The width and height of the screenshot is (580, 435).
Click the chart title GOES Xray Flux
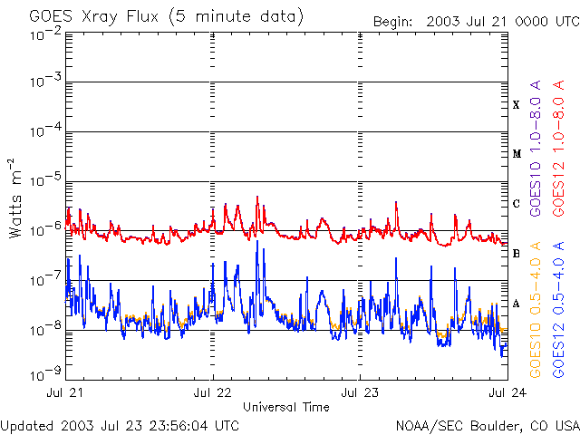click(x=94, y=17)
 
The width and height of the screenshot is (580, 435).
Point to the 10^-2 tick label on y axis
click(x=46, y=35)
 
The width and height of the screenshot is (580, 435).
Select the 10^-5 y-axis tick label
click(x=46, y=181)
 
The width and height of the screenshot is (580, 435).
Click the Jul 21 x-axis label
click(x=64, y=392)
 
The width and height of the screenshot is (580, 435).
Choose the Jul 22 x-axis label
click(x=212, y=392)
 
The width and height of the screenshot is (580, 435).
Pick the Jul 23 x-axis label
click(x=360, y=392)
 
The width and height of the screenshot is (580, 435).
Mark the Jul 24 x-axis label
click(x=507, y=392)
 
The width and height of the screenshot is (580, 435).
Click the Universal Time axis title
click(x=286, y=407)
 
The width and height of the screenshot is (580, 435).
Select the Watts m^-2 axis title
click(x=15, y=198)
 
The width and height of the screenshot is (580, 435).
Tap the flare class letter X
click(x=516, y=105)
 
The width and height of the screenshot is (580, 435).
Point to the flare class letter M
click(x=517, y=154)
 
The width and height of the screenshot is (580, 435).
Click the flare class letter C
click(x=516, y=203)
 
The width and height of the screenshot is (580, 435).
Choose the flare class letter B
click(x=516, y=254)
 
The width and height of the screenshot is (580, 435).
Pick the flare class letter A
click(x=516, y=304)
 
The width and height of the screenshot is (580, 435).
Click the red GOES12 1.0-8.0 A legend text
click(x=558, y=149)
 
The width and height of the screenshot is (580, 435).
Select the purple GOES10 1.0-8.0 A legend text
click(x=536, y=149)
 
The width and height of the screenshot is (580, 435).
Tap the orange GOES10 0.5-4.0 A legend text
click(x=536, y=310)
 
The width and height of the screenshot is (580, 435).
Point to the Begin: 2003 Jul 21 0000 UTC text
click(x=477, y=22)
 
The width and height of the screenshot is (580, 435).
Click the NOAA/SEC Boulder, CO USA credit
click(x=488, y=426)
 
